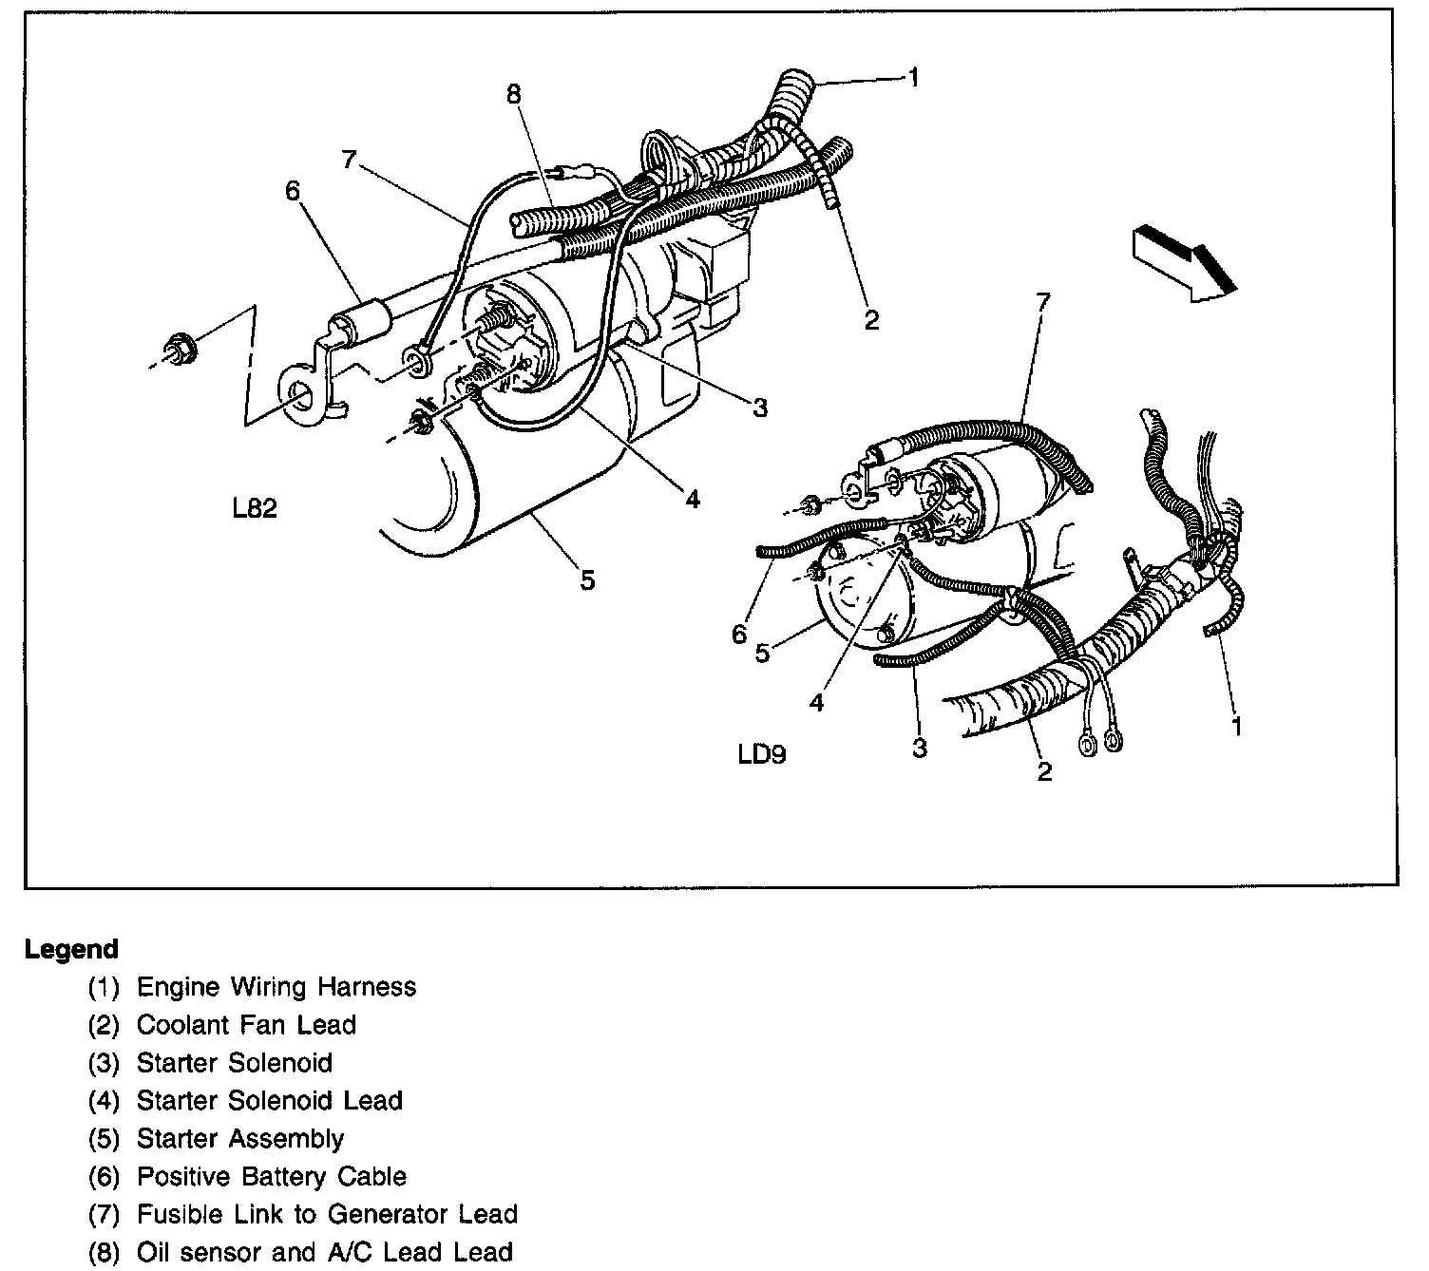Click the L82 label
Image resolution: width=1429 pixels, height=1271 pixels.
click(x=255, y=509)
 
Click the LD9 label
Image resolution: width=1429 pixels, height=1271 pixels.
click(x=762, y=756)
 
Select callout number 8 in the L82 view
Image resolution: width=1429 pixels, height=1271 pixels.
click(x=513, y=94)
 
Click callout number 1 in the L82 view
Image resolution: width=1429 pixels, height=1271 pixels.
click(x=913, y=77)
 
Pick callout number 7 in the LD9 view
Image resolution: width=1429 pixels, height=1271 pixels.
click(x=1043, y=303)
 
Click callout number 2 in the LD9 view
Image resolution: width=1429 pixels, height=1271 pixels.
click(x=1044, y=771)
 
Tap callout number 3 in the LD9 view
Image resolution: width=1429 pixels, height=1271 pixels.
click(x=919, y=748)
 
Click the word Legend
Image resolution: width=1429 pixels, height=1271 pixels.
click(x=72, y=949)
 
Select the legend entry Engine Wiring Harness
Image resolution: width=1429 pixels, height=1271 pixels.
click(x=276, y=987)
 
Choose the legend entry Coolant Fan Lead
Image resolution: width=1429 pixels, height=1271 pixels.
click(x=246, y=1025)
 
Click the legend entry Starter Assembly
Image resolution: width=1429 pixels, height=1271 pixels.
click(x=239, y=1139)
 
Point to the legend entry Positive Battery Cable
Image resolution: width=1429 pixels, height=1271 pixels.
click(x=271, y=1177)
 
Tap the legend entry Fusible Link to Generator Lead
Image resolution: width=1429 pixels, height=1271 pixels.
click(x=327, y=1214)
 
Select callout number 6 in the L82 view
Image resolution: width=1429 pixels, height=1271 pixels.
click(x=292, y=191)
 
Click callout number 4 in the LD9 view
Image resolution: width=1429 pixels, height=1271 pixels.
click(x=817, y=703)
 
